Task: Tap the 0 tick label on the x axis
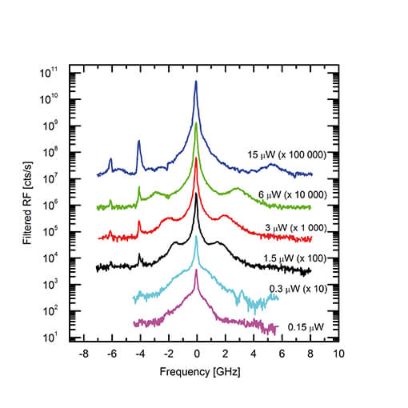(197, 353)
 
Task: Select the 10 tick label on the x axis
(338, 353)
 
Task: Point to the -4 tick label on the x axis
(139, 353)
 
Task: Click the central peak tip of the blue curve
(196, 82)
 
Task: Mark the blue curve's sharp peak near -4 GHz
(139, 142)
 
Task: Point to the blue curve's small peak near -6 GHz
(111, 159)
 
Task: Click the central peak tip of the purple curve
(196, 270)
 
